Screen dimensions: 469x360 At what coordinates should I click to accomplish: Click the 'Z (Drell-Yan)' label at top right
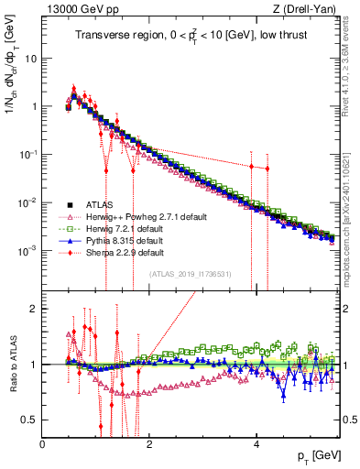306,10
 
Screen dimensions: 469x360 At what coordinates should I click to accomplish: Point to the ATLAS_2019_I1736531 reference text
191,274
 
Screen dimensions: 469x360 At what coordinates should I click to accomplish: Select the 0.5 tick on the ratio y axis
27,420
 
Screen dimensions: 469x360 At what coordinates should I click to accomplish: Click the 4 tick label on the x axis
256,442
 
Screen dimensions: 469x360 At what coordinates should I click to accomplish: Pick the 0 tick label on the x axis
42,442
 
